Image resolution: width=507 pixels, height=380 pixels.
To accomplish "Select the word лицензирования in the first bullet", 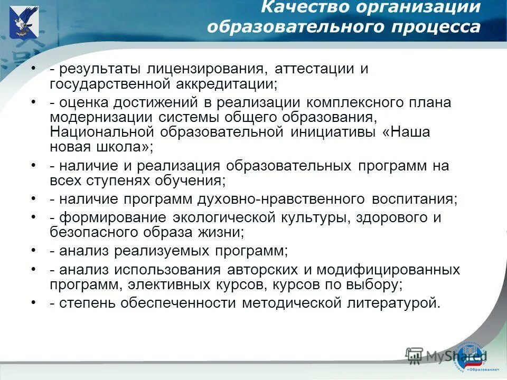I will point(203,69).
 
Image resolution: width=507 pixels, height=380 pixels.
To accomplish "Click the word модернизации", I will point(100,117).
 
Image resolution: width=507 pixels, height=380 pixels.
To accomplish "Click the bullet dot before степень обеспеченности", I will point(34,302).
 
